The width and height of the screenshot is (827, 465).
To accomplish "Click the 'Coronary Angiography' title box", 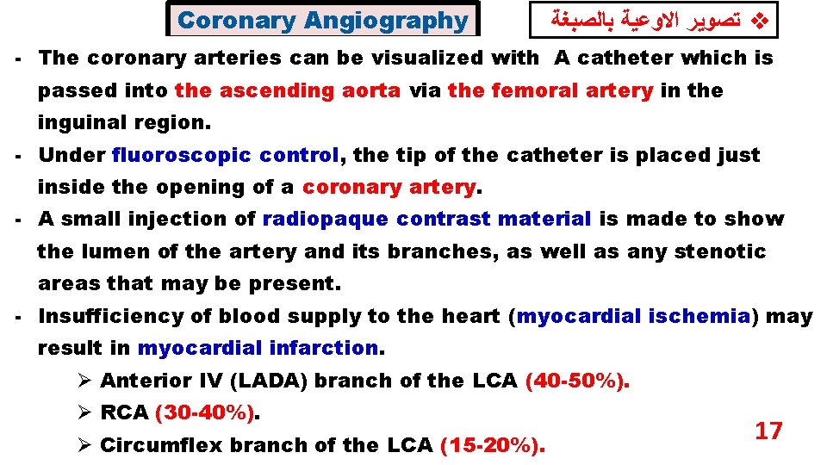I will click(x=322, y=20).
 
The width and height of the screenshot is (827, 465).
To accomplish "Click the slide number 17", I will click(x=768, y=431).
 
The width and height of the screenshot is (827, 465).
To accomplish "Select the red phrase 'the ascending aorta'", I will click(x=288, y=90).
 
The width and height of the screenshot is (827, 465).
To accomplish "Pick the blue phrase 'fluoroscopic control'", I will click(x=226, y=155).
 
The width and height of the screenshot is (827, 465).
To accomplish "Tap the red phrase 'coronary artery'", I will click(x=389, y=187).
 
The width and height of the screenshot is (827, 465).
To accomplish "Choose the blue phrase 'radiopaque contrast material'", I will click(x=426, y=219).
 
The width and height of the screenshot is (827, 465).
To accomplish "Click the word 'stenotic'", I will click(x=722, y=251).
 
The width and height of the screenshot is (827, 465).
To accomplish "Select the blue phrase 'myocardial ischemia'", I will click(x=633, y=316).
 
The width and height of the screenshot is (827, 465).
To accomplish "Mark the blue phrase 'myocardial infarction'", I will click(x=258, y=348).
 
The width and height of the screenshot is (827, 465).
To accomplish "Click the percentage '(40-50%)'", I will click(x=576, y=381).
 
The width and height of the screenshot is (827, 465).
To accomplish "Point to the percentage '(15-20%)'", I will click(x=492, y=445).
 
